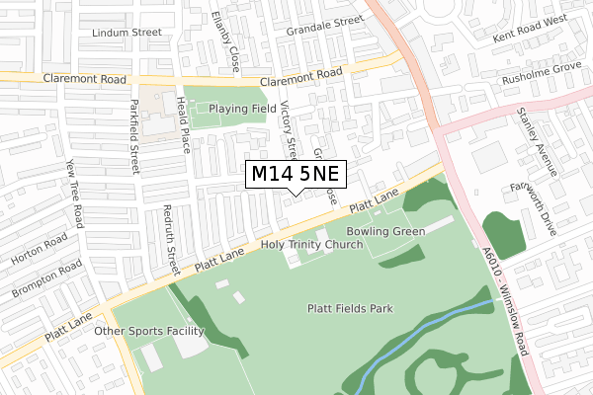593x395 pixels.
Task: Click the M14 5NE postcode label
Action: pos(296,174)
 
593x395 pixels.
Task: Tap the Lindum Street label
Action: pos(126,33)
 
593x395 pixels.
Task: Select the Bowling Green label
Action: pos(386,231)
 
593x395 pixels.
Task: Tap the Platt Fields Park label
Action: pos(350,309)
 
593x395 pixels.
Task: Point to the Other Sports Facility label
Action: pos(148,331)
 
